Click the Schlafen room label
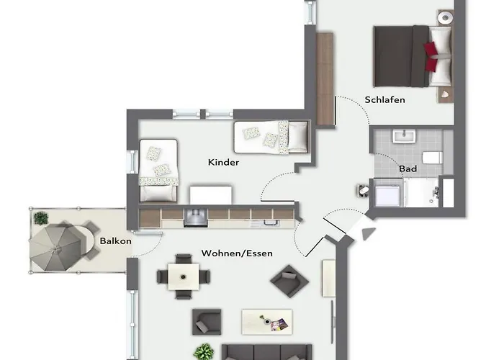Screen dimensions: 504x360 tap(384, 99)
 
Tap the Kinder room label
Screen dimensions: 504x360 tap(223, 162)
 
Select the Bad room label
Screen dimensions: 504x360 tap(408, 168)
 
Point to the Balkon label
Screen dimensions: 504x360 tap(115, 241)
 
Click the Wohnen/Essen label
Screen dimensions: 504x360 tap(237, 253)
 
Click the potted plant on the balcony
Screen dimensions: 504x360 tap(41, 218)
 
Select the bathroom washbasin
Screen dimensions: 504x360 tap(404, 136)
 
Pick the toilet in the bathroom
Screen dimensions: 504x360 tap(432, 158)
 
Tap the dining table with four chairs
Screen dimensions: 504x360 tap(184, 276)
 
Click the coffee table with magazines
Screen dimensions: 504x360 tap(267, 322)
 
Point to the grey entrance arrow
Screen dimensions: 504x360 tap(369, 233)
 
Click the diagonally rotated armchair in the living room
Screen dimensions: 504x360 tap(289, 281)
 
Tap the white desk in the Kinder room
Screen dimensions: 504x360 tap(210, 195)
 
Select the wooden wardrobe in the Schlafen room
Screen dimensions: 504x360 tap(325, 78)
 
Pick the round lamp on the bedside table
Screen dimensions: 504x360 tap(446, 17)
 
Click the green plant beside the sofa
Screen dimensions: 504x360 tap(204, 351)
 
